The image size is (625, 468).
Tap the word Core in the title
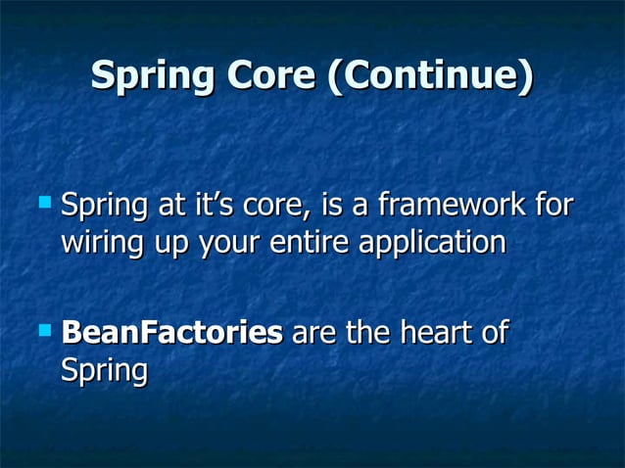[x=269, y=77]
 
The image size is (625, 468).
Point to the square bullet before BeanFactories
[x=42, y=330]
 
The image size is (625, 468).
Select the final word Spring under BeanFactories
[x=104, y=371]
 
